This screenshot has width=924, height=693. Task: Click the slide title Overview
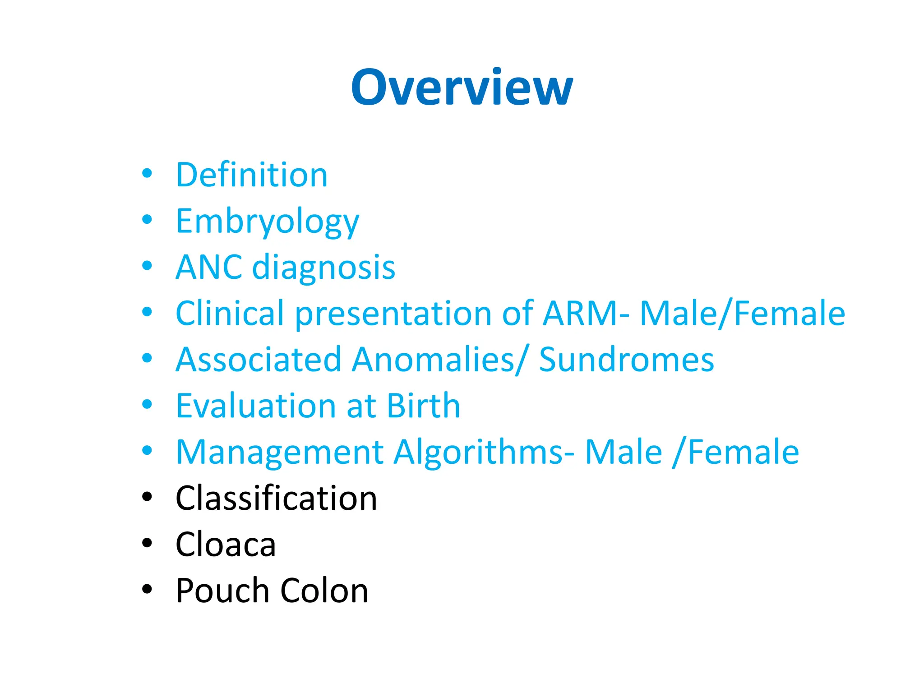tap(462, 87)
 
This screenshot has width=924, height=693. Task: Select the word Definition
tap(251, 175)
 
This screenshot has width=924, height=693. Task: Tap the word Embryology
tap(267, 222)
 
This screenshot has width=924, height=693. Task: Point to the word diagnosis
tap(323, 268)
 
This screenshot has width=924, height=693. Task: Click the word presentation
tap(393, 314)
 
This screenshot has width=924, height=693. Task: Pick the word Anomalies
tap(433, 360)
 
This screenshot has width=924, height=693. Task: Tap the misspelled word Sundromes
tap(626, 360)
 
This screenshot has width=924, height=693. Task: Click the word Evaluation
tap(255, 406)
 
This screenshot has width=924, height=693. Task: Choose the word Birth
tap(423, 406)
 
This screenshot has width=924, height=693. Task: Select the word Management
tap(279, 453)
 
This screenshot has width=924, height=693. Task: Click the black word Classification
tap(276, 499)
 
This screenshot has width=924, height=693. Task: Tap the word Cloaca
tap(225, 545)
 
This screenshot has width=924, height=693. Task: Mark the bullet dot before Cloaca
tap(147, 543)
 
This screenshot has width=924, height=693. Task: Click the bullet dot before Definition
tap(147, 173)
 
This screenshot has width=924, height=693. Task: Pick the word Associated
tap(258, 360)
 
